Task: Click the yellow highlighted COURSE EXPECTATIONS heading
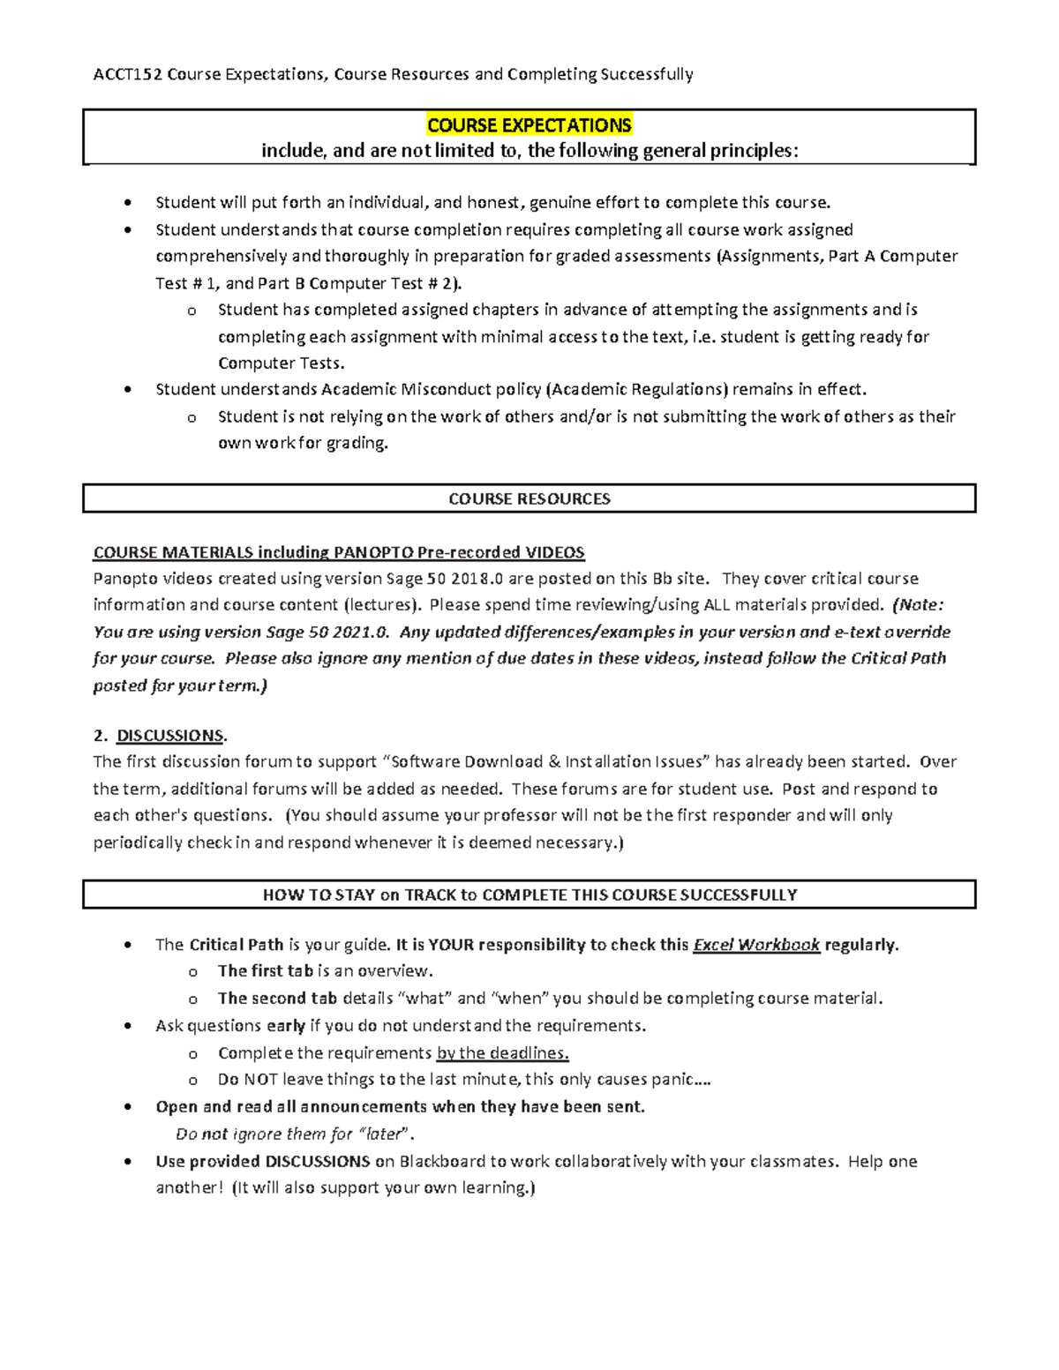pos(529,125)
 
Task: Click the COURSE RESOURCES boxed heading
pos(529,498)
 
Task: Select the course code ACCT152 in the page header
pos(128,74)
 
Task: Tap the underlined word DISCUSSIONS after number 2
pos(170,735)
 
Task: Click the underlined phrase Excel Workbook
pos(756,945)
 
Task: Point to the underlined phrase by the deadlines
pos(502,1052)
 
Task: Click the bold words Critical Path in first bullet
pos(237,945)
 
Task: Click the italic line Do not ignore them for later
pos(295,1134)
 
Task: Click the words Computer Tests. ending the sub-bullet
pos(282,363)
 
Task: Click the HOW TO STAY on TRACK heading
pos(529,895)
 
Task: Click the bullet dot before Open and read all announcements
pos(130,1107)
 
